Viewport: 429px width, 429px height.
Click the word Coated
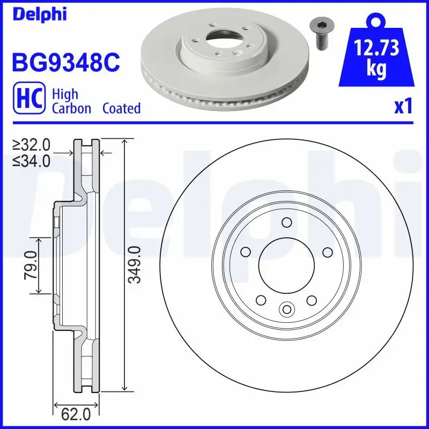point(121,108)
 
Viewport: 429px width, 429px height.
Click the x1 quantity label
point(403,107)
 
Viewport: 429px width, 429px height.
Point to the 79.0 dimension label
point(31,265)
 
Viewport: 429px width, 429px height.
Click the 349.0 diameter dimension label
point(136,265)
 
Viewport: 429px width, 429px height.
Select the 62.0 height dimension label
point(76,415)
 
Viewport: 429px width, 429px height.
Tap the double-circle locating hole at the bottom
point(286,309)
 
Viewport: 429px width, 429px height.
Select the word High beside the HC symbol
point(65,94)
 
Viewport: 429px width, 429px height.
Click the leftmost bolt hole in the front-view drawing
point(246,252)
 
